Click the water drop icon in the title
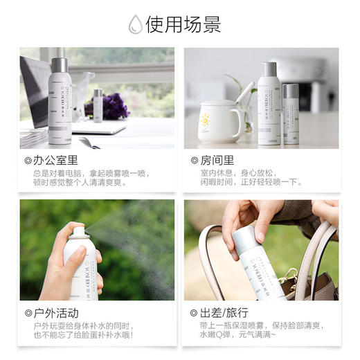click(136, 26)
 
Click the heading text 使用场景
click(183, 26)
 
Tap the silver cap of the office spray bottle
click(60, 66)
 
